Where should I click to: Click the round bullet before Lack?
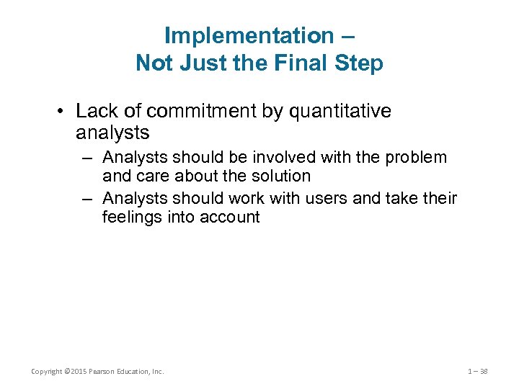coord(63,112)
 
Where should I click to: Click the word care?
coord(151,176)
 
